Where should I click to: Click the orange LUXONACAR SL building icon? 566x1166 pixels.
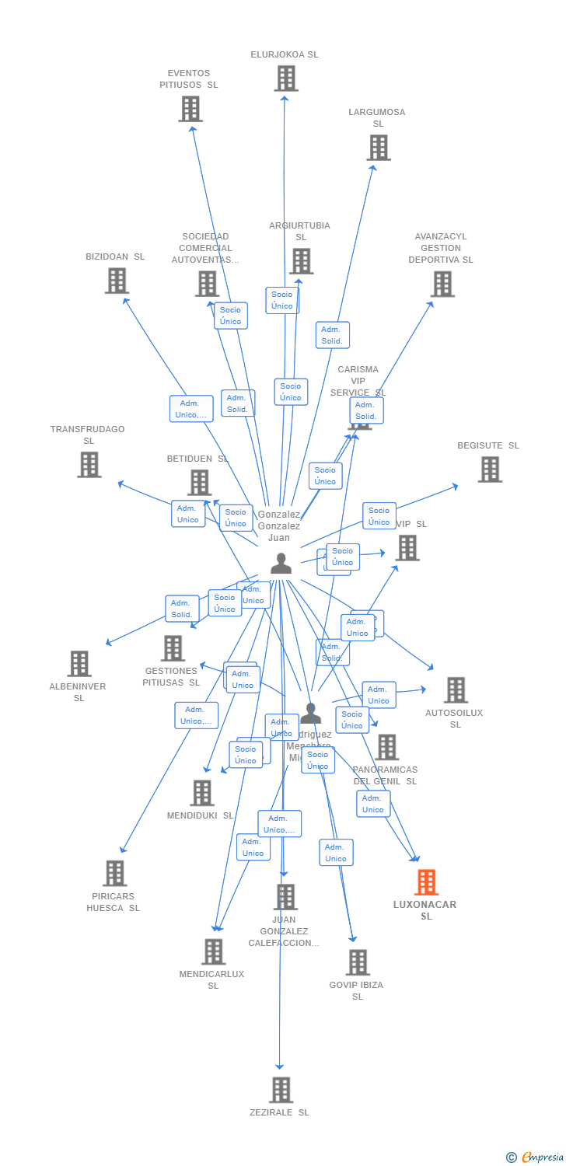[426, 882]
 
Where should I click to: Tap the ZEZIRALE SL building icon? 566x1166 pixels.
[281, 1090]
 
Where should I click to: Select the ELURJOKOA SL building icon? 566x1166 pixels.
[286, 79]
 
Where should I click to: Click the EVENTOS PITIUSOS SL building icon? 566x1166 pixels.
[190, 109]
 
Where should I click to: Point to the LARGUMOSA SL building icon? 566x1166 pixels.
[379, 148]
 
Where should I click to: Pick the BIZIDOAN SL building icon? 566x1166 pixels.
[117, 281]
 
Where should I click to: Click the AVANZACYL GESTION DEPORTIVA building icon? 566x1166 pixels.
[442, 284]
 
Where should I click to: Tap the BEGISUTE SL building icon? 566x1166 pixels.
[490, 470]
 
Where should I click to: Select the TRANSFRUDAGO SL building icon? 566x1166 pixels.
[89, 465]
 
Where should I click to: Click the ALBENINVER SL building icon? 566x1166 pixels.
[79, 664]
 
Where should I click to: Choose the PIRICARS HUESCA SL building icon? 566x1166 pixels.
[115, 873]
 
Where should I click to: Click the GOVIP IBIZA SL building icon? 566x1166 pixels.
[358, 962]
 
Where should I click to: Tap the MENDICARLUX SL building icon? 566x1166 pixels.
[213, 951]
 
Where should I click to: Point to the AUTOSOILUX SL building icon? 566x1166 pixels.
[456, 690]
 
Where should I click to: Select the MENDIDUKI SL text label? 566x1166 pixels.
[200, 815]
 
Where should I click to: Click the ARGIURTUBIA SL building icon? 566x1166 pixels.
[301, 261]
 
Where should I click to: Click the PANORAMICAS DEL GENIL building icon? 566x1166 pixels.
[386, 747]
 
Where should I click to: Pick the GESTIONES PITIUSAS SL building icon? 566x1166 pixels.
[173, 648]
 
